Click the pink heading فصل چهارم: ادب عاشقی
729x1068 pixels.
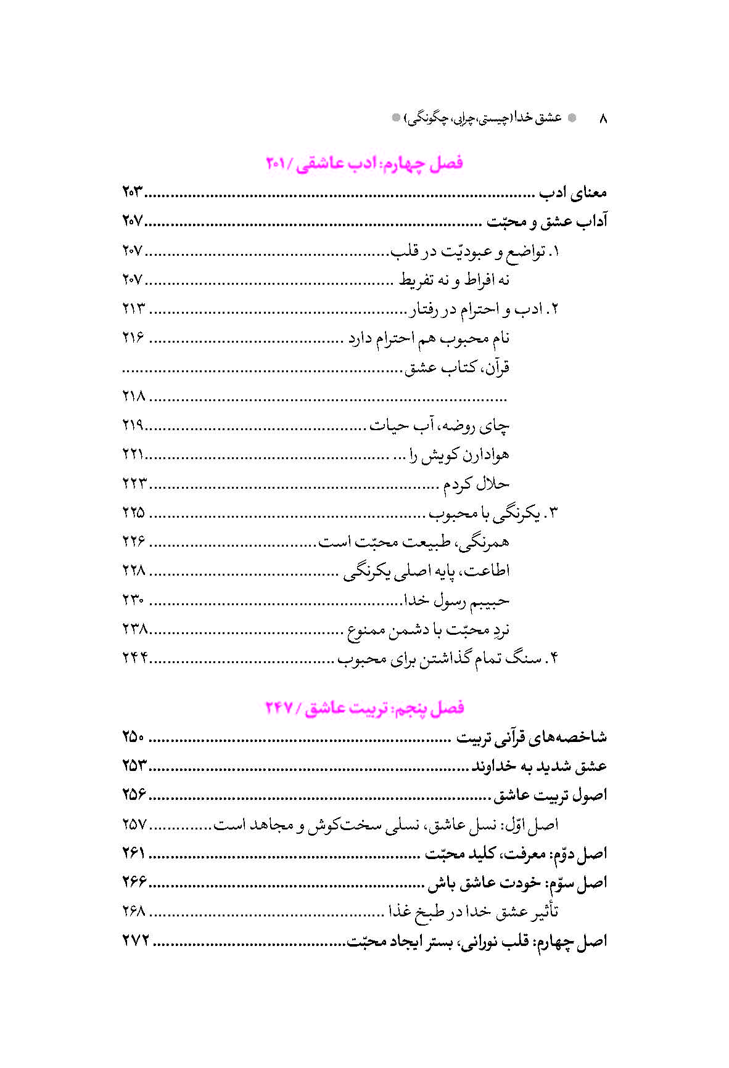click(x=364, y=163)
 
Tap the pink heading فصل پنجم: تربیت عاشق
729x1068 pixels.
click(x=364, y=708)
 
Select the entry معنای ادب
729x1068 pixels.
click(x=573, y=193)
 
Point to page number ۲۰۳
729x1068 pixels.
click(x=132, y=193)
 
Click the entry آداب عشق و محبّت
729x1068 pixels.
click(x=547, y=222)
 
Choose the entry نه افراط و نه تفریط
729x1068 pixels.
click(x=454, y=280)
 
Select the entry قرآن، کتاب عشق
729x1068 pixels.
click(x=457, y=368)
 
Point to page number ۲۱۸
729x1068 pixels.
click(x=133, y=396)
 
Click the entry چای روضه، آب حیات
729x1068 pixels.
click(x=439, y=426)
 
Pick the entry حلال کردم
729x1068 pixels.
click(x=476, y=484)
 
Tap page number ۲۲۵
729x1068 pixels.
click(x=133, y=513)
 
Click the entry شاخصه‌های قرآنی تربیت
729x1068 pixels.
click(x=532, y=738)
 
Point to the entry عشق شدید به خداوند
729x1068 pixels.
click(x=540, y=767)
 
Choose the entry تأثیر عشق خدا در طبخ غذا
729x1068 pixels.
click(x=473, y=912)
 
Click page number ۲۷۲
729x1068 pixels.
click(x=136, y=941)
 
